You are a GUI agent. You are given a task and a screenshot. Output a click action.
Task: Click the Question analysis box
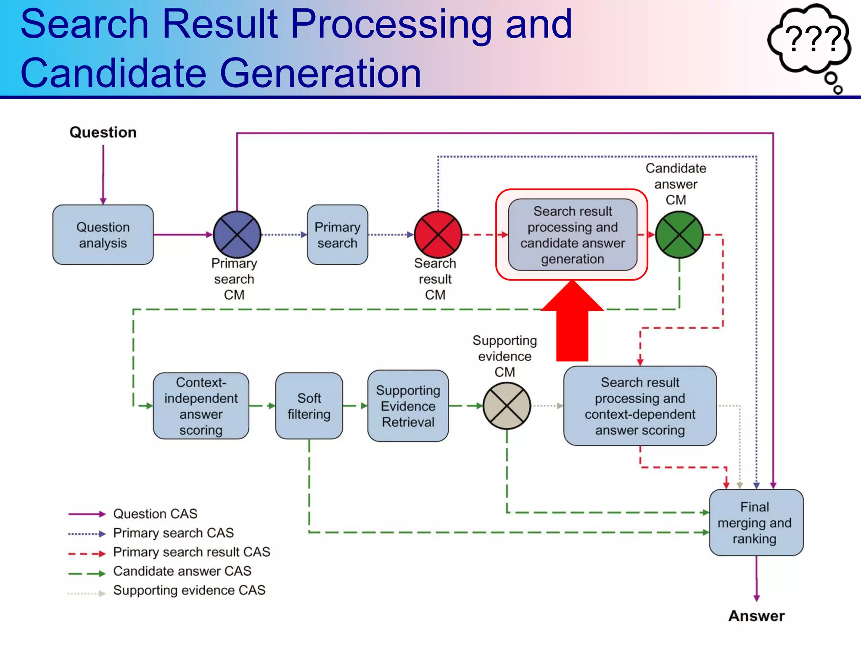click(103, 235)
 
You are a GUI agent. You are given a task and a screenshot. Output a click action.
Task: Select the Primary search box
click(337, 235)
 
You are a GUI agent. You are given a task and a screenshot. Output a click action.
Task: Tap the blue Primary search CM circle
click(237, 235)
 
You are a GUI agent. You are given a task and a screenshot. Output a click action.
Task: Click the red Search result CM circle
click(438, 235)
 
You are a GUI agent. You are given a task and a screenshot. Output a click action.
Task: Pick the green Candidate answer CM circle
click(679, 235)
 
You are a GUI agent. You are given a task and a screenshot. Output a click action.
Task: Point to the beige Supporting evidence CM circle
click(507, 406)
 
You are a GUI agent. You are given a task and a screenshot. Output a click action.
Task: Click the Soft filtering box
click(309, 406)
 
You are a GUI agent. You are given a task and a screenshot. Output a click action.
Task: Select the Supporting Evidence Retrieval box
click(408, 406)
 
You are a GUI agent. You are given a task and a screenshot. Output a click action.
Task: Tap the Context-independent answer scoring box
click(201, 406)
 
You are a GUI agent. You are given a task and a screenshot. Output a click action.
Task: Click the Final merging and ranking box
click(756, 522)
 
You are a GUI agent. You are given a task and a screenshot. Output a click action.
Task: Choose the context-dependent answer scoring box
click(640, 406)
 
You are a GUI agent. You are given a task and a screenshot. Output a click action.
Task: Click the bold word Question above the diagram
click(103, 132)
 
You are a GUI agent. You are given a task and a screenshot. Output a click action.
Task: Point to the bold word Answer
click(756, 616)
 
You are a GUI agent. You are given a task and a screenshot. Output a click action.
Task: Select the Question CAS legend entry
click(155, 514)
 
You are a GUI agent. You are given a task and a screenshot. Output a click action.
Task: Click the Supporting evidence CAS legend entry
click(189, 590)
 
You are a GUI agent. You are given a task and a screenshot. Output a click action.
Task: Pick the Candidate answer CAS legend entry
click(182, 571)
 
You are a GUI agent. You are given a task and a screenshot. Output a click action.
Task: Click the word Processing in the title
click(391, 25)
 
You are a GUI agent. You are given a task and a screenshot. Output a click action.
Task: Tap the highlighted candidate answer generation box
click(572, 235)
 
